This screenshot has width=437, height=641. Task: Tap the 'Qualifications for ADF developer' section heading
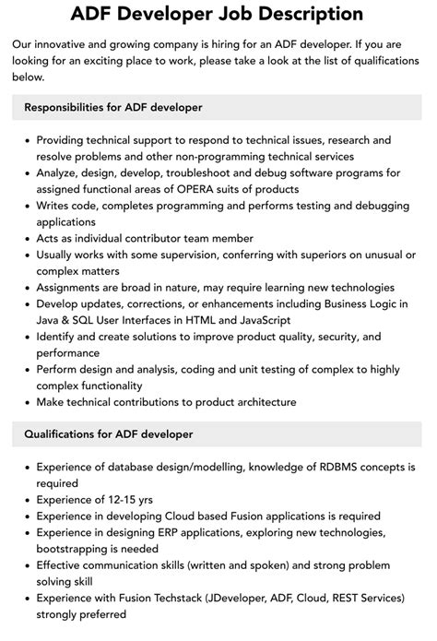(x=108, y=433)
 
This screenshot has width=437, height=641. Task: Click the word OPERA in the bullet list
(x=200, y=188)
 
